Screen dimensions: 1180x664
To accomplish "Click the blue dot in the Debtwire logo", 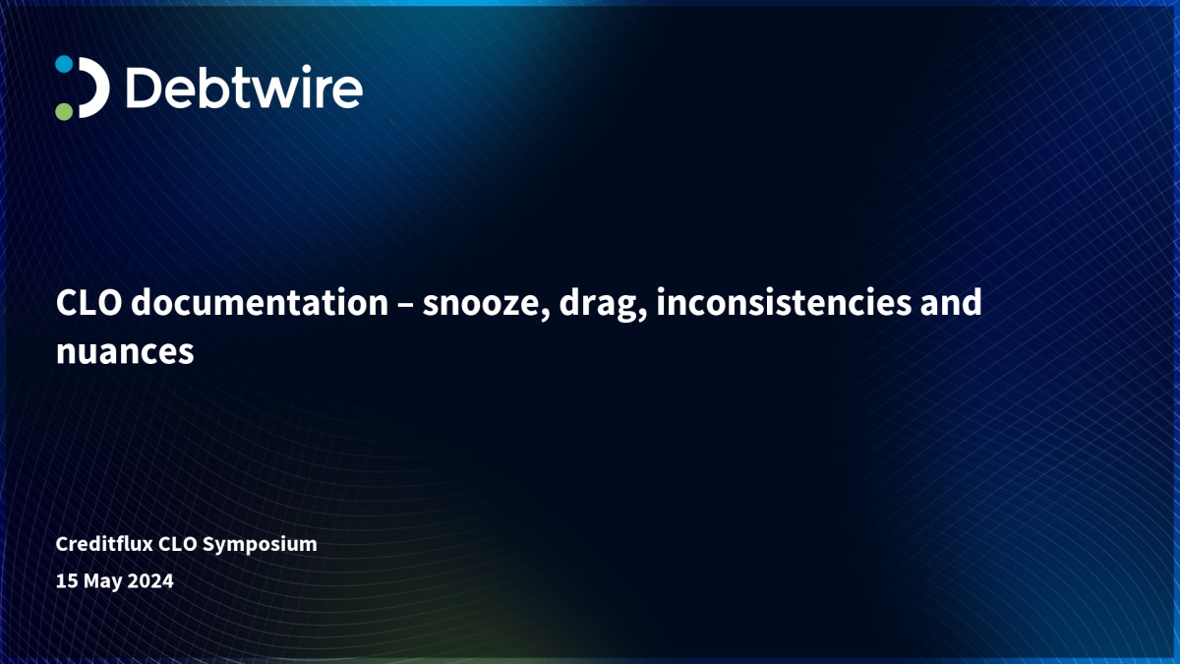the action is pyautogui.click(x=64, y=64).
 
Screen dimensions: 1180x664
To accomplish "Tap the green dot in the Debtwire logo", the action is pyautogui.click(x=64, y=111).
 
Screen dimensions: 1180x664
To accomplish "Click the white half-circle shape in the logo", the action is pyautogui.click(x=94, y=88).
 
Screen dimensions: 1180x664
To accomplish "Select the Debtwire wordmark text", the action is pyautogui.click(x=245, y=88).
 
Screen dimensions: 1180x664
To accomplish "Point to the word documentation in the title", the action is pyautogui.click(x=260, y=303).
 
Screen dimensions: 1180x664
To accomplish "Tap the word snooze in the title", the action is pyautogui.click(x=486, y=304).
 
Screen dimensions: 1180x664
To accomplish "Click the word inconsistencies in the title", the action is pyautogui.click(x=784, y=303).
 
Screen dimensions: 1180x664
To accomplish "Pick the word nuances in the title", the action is pyautogui.click(x=125, y=352).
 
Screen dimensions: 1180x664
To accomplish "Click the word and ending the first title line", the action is pyautogui.click(x=951, y=303).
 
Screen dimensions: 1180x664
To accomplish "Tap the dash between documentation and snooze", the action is pyautogui.click(x=405, y=305).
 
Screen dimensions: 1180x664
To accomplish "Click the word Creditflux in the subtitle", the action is pyautogui.click(x=104, y=544).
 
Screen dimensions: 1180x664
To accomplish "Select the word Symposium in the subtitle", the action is pyautogui.click(x=260, y=545).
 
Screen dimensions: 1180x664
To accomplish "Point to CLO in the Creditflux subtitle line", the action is pyautogui.click(x=178, y=544).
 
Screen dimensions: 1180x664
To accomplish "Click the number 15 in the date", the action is pyautogui.click(x=67, y=580).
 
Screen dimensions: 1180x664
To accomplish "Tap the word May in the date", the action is pyautogui.click(x=103, y=581).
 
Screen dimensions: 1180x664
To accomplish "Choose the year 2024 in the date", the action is pyautogui.click(x=150, y=580).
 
